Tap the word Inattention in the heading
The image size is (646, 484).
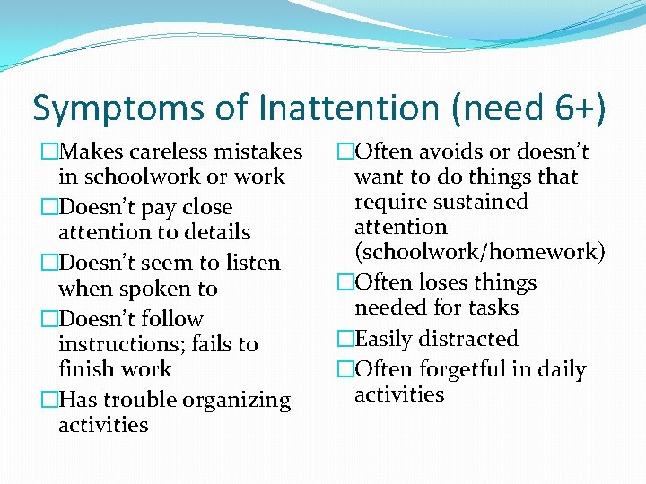tap(353, 109)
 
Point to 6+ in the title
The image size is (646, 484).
tap(571, 109)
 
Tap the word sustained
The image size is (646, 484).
tap(475, 202)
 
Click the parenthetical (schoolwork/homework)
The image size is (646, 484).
tap(480, 252)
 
